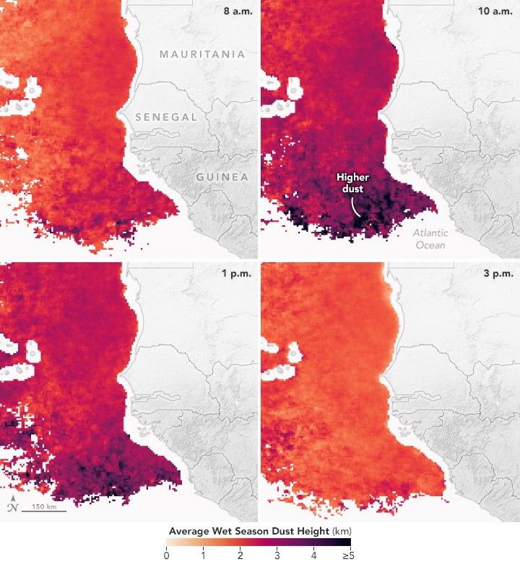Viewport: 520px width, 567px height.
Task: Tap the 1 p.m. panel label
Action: coord(235,273)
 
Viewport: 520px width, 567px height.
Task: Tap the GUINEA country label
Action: coord(221,177)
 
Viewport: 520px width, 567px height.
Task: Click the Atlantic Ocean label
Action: coord(430,239)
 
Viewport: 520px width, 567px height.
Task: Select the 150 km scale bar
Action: coord(43,508)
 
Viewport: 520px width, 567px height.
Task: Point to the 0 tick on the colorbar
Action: coord(167,555)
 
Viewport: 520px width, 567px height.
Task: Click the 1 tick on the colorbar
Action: coord(204,555)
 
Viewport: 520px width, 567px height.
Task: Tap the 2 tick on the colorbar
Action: coord(240,555)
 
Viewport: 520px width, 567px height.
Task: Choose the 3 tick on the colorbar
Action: coord(277,555)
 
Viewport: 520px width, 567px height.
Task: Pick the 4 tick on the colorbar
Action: coord(314,555)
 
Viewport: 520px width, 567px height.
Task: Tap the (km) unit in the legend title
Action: coord(340,531)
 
